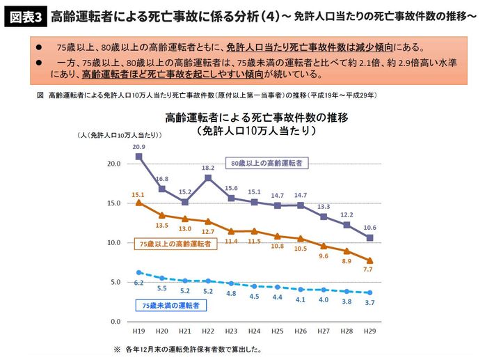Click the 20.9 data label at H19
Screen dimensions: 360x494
pyautogui.click(x=138, y=147)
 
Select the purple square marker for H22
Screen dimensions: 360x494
pyautogui.click(x=207, y=178)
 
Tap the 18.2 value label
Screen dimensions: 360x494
pyautogui.click(x=207, y=169)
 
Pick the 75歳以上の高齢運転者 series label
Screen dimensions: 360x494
pyautogui.click(x=169, y=244)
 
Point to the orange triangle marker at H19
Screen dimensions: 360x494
pyautogui.click(x=139, y=203)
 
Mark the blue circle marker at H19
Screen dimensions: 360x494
pyautogui.click(x=139, y=273)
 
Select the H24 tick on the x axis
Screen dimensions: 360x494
pyautogui.click(x=253, y=332)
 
